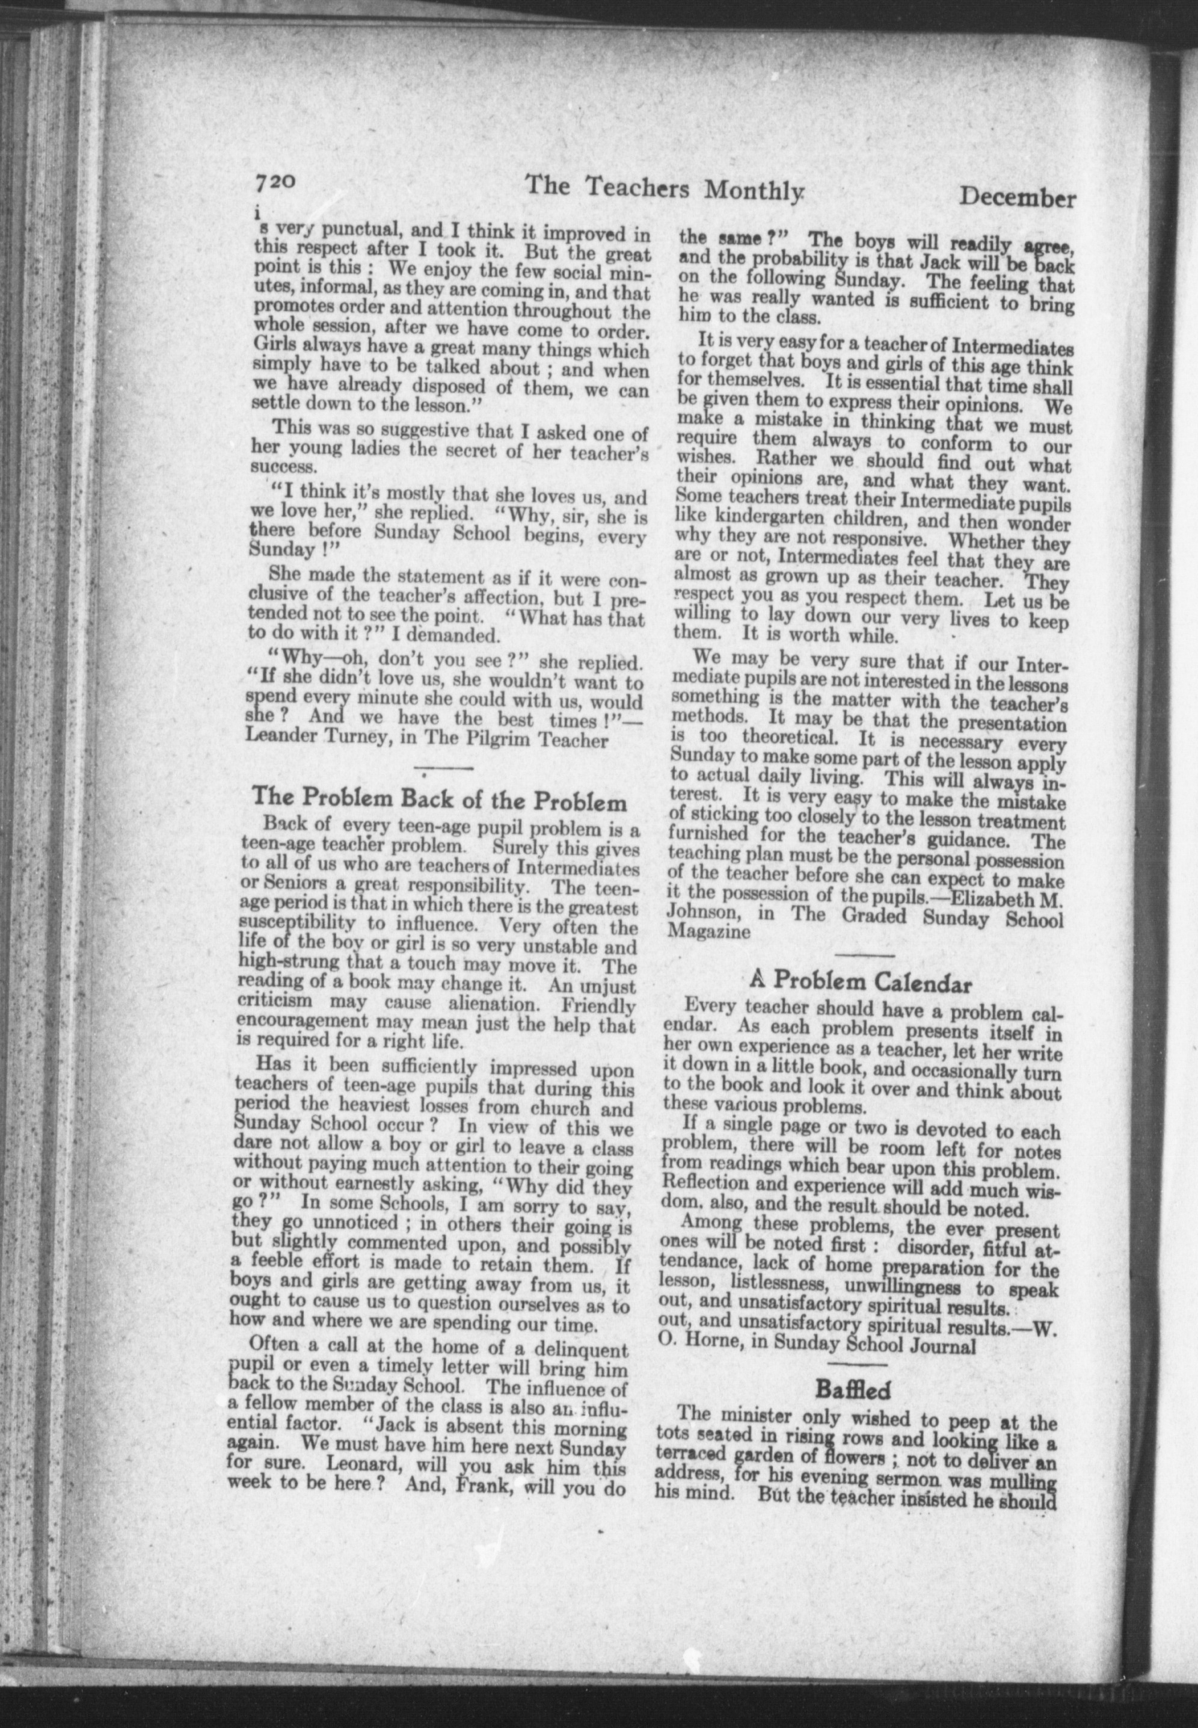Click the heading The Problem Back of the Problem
click(439, 798)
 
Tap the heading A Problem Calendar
click(861, 981)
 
